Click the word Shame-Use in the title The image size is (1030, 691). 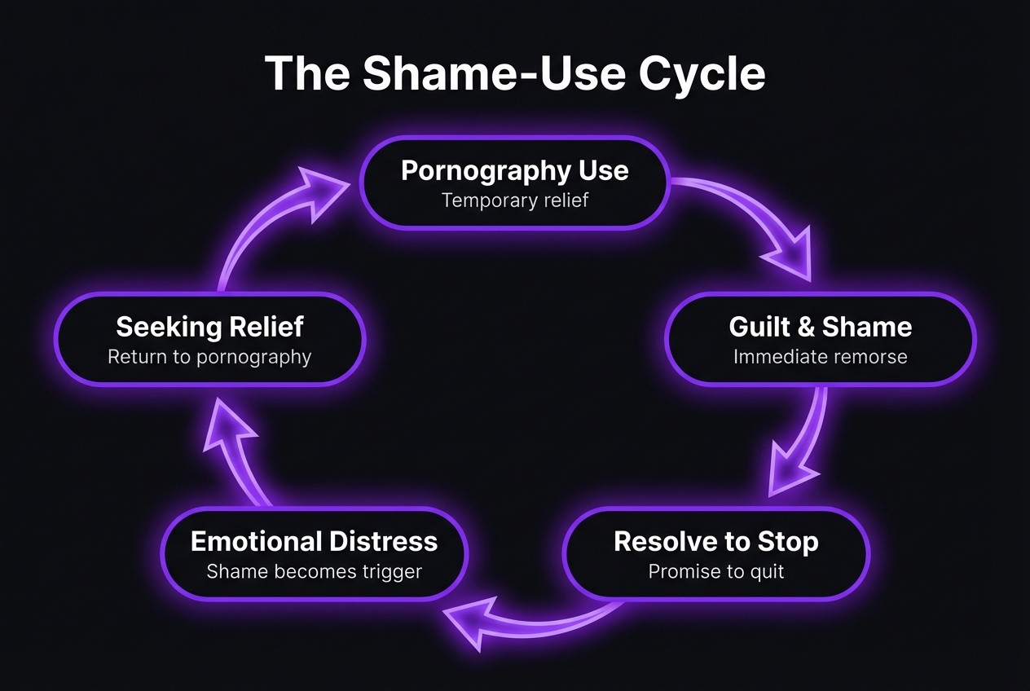click(x=494, y=73)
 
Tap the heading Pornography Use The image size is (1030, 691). click(x=514, y=171)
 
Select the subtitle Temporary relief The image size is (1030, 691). click(x=514, y=200)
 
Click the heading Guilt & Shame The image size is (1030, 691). click(x=820, y=327)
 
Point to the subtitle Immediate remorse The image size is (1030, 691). click(x=820, y=357)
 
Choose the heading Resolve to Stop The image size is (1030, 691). click(x=715, y=542)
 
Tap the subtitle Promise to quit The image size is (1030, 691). click(x=715, y=572)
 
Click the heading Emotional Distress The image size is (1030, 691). click(x=314, y=542)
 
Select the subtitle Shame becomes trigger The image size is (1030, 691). click(x=314, y=572)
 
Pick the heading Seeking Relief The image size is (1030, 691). click(x=209, y=327)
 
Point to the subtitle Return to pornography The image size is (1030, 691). click(x=209, y=357)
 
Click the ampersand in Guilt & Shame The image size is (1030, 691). click(x=805, y=327)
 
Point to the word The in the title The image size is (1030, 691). click(x=307, y=73)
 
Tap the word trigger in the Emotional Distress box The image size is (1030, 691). click(x=390, y=572)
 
